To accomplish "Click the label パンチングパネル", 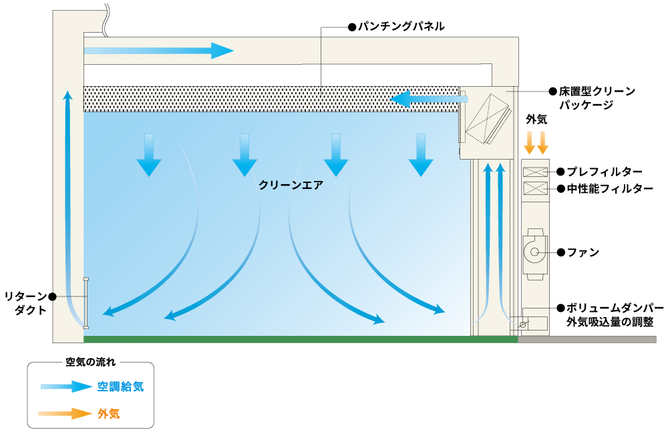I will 401,27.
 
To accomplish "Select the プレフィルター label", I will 604,172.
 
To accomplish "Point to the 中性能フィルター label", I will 609,189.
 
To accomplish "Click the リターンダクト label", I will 25,302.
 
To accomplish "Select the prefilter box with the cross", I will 534,172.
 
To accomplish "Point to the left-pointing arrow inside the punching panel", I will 428,99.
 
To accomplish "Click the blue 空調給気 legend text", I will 120,387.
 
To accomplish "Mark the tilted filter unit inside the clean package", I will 490,118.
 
